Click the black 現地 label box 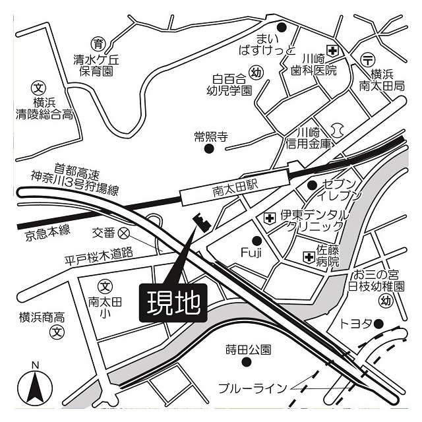(173, 304)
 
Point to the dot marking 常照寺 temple (210, 149)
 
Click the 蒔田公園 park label (248, 349)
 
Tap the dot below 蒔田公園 (248, 363)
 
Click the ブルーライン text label (254, 388)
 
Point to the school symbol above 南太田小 (105, 286)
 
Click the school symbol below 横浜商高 (59, 331)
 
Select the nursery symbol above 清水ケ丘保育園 (98, 45)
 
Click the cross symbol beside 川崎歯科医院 (333, 51)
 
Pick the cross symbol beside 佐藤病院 (308, 256)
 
